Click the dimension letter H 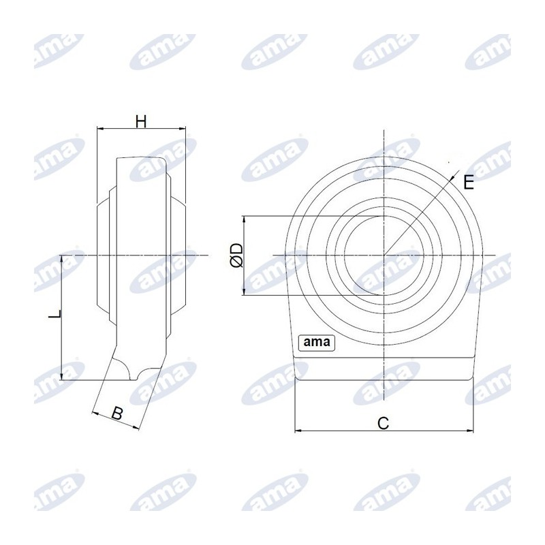pyautogui.click(x=141, y=122)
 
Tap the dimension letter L pyautogui.click(x=55, y=315)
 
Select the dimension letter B pyautogui.click(x=117, y=414)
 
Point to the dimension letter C pyautogui.click(x=383, y=423)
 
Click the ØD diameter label pyautogui.click(x=236, y=255)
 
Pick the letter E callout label pyautogui.click(x=469, y=183)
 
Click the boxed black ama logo pyautogui.click(x=317, y=343)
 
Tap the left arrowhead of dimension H pyautogui.click(x=100, y=129)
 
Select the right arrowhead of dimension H pyautogui.click(x=182, y=129)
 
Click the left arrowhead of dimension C pyautogui.click(x=298, y=431)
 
